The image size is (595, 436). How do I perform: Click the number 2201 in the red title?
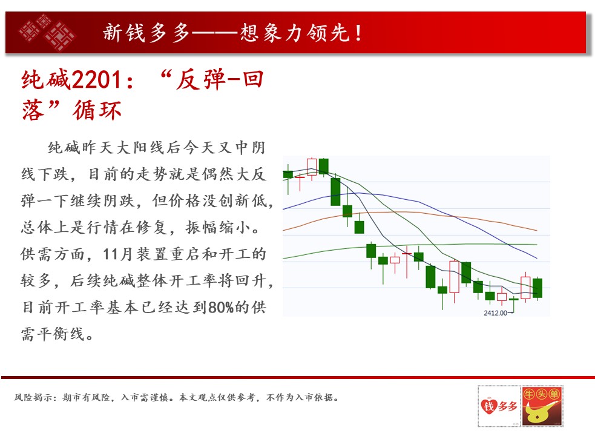click(96, 80)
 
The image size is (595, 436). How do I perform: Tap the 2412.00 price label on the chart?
click(495, 313)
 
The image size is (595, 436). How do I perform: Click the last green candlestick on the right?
click(537, 288)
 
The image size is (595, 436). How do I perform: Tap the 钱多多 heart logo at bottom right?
click(499, 406)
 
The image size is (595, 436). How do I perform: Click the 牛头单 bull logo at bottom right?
click(542, 406)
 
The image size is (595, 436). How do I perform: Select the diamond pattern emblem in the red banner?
click(47, 32)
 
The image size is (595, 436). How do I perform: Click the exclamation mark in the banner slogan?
click(358, 33)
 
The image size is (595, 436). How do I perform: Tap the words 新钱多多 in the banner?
click(146, 33)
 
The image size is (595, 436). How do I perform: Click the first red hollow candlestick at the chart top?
click(312, 167)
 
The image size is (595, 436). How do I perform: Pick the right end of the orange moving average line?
click(537, 231)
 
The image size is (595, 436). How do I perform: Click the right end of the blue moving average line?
click(537, 258)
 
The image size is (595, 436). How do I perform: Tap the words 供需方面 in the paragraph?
click(53, 254)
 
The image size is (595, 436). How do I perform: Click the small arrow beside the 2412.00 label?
click(510, 313)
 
